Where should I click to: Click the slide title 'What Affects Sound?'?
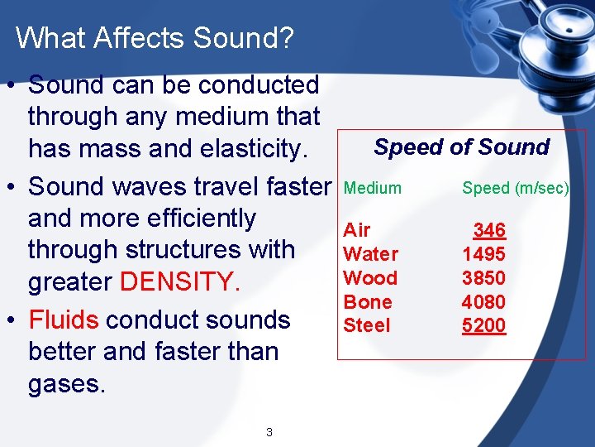click(155, 38)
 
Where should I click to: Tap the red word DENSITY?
click(180, 282)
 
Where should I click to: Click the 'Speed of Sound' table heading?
click(461, 147)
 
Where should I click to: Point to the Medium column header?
click(373, 189)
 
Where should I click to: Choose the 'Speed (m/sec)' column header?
click(516, 189)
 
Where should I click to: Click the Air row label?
click(357, 230)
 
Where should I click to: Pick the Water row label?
click(370, 254)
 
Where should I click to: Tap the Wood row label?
click(370, 278)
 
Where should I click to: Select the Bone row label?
click(368, 302)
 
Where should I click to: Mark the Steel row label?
click(366, 325)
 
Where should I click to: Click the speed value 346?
click(489, 230)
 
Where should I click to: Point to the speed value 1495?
click(484, 254)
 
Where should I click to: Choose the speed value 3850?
click(484, 278)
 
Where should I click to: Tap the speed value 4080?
click(484, 302)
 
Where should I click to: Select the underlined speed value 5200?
click(484, 325)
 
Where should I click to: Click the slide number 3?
click(269, 431)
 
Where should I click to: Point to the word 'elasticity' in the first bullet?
click(247, 149)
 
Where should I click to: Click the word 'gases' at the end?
click(64, 384)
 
